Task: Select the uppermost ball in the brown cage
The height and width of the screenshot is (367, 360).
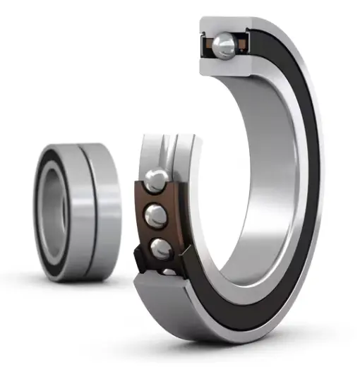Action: click(x=157, y=179)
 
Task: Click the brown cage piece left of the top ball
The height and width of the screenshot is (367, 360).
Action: click(x=208, y=47)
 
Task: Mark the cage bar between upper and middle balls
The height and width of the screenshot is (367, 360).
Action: click(x=157, y=198)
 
